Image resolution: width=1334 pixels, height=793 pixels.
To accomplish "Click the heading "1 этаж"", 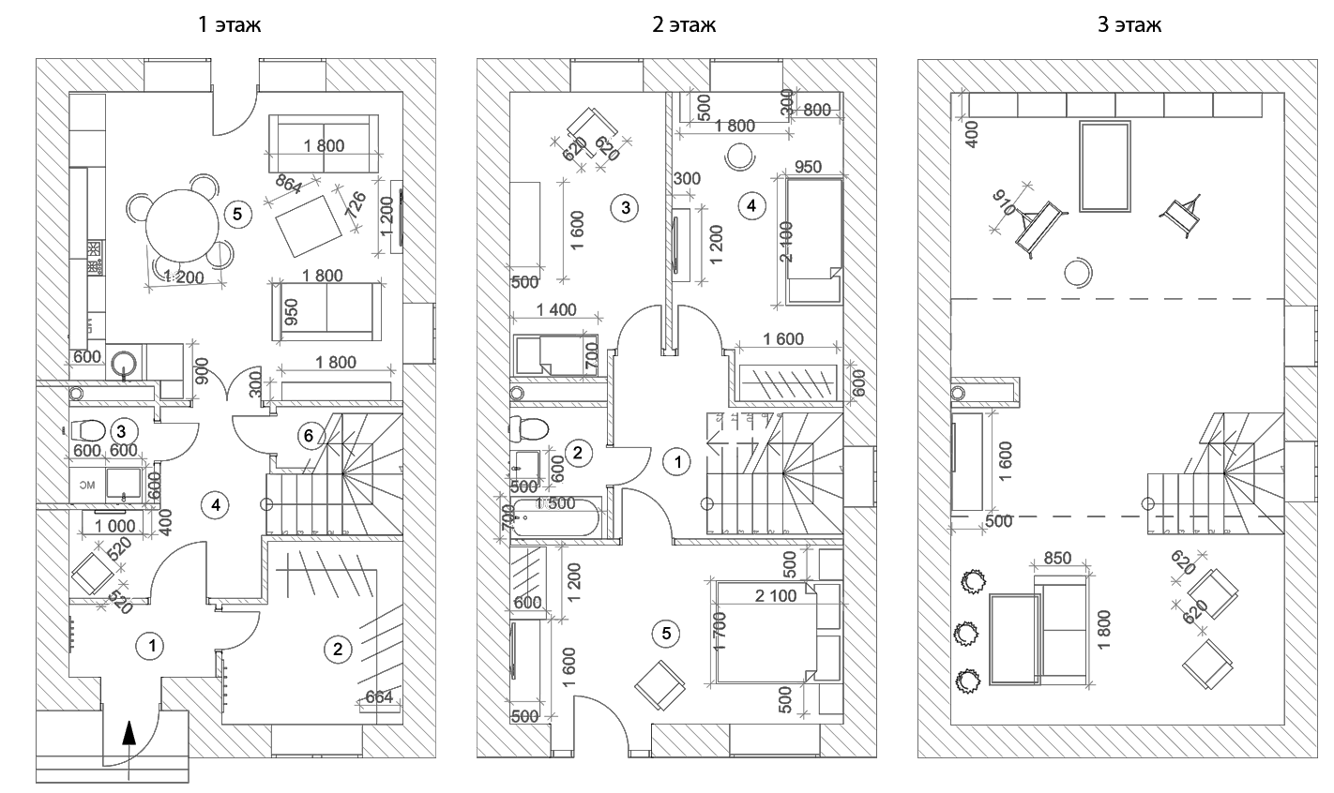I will coord(229,25).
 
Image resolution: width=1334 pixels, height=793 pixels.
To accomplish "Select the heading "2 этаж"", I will coord(684,25).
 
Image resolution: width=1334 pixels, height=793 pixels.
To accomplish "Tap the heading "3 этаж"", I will coord(1129,25).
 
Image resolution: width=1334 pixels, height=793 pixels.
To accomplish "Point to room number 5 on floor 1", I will coord(237,214).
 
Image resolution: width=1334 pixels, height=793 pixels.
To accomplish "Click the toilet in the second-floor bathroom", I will coord(529,429).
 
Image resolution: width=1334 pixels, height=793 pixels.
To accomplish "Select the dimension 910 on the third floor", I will coord(1005,204).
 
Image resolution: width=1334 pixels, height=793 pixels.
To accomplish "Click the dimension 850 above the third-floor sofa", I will coord(1057,557).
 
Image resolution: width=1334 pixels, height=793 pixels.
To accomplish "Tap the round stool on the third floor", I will coord(1078,273).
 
